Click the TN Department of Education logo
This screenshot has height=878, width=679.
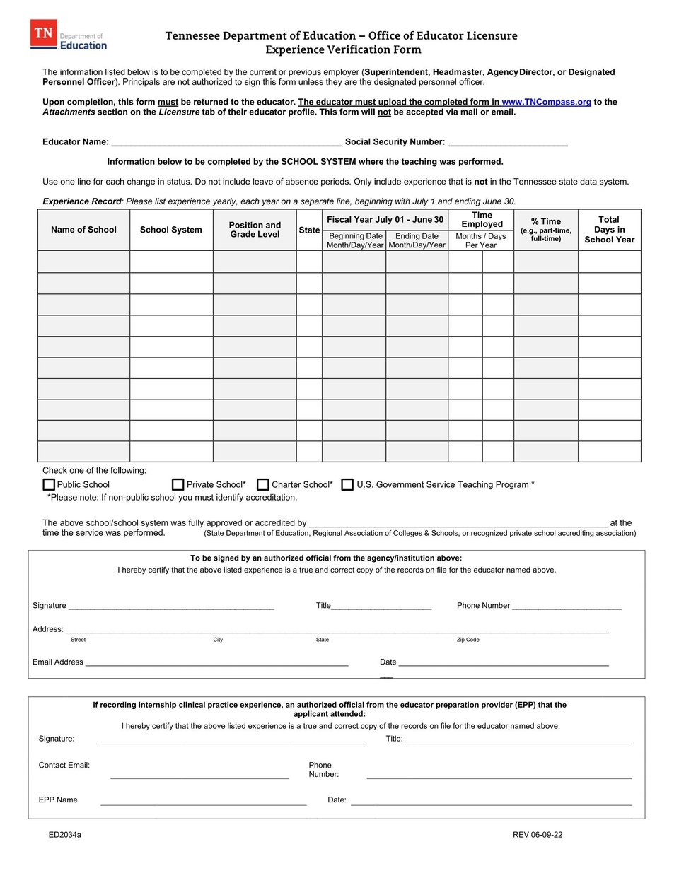69,35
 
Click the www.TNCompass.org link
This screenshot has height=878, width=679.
546,102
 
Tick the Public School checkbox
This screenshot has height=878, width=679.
49,485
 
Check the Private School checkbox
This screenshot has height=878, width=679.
178,485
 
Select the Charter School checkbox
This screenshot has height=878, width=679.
263,485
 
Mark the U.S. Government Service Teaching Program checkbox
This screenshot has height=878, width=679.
347,485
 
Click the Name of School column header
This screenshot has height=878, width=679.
83,230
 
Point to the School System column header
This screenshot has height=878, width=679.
171,230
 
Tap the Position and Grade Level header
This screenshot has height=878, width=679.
255,230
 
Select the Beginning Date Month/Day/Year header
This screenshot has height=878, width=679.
355,240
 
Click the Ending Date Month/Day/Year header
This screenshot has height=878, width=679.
417,240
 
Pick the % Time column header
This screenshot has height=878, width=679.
546,229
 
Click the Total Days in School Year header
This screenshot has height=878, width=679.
609,230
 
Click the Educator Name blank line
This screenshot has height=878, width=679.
226,142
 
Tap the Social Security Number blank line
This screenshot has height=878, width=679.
507,142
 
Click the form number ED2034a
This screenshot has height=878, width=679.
65,835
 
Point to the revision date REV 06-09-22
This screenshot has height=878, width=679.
538,835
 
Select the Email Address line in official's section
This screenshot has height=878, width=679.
216,662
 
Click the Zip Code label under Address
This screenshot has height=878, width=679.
468,640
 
